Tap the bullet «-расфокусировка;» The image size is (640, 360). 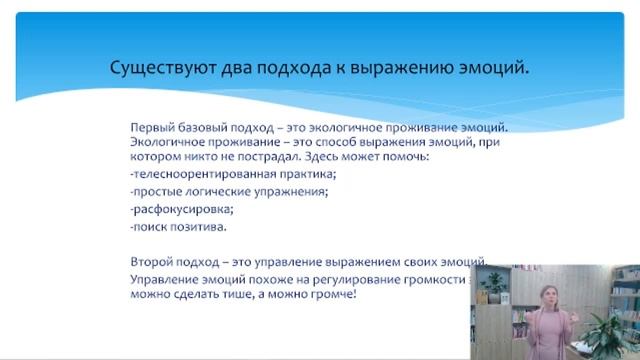(167, 210)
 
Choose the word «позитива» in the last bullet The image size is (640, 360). (189, 228)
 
